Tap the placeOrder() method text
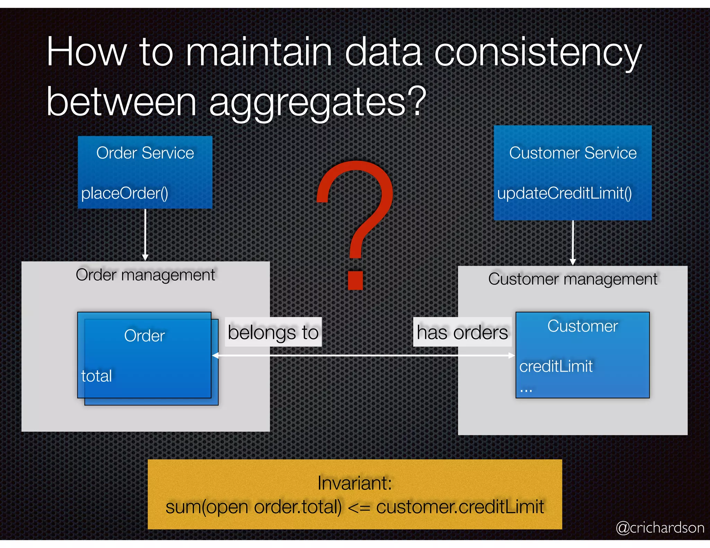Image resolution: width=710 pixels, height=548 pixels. [x=124, y=193]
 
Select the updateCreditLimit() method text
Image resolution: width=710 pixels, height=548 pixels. [x=564, y=193]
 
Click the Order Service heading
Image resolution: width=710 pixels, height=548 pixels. [x=145, y=153]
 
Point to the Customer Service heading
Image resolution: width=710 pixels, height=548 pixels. [x=573, y=153]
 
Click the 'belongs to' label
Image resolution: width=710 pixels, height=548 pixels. [x=273, y=332]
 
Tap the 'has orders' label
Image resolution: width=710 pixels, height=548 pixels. [x=462, y=332]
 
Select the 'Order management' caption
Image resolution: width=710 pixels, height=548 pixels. [x=145, y=275]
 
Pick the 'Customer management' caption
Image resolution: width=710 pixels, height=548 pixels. [x=572, y=279]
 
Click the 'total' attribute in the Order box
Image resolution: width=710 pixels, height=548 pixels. [x=96, y=376]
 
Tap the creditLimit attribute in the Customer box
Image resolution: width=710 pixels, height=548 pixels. [x=556, y=366]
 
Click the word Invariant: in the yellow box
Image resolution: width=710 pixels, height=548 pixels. [x=354, y=483]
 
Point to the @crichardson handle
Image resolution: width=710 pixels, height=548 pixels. [x=660, y=528]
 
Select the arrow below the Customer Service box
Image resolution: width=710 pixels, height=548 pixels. [x=573, y=242]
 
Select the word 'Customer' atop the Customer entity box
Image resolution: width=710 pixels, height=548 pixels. [x=582, y=326]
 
